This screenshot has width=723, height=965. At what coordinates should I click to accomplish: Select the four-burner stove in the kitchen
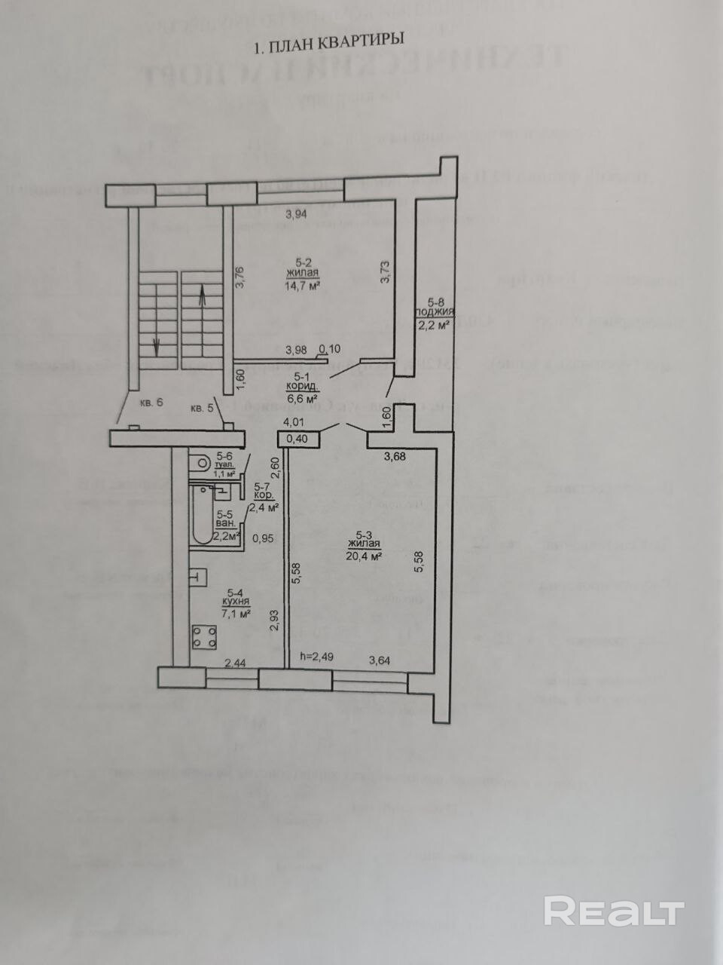(x=204, y=638)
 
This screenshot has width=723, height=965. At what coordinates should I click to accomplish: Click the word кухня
(x=236, y=602)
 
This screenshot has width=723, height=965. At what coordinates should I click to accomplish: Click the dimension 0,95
(x=263, y=538)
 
